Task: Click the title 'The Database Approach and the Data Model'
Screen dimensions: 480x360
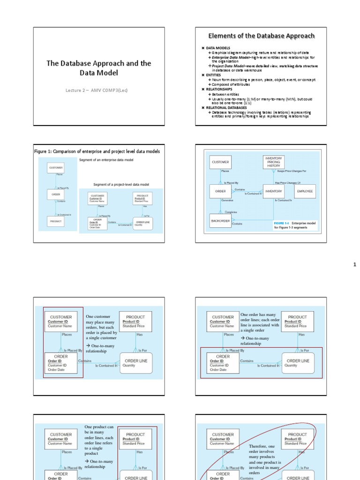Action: tap(98, 68)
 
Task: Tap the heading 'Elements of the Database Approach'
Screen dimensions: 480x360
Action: tap(262, 36)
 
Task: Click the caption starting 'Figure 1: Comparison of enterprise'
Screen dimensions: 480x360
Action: tap(97, 151)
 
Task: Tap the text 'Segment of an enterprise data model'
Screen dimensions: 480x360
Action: tap(106, 160)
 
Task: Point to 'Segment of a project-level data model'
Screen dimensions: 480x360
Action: tap(121, 184)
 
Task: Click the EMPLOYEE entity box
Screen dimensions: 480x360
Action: tap(305, 191)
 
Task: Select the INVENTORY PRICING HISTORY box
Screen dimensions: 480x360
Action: tap(273, 162)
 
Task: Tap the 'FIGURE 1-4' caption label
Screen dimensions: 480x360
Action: tap(282, 224)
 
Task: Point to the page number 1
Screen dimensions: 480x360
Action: tap(355, 265)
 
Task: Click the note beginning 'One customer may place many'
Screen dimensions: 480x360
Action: tap(101, 333)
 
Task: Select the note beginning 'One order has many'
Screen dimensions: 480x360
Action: tap(260, 329)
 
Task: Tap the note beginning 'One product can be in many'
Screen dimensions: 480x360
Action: tap(99, 446)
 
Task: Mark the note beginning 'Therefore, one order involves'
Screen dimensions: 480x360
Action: tap(264, 460)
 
